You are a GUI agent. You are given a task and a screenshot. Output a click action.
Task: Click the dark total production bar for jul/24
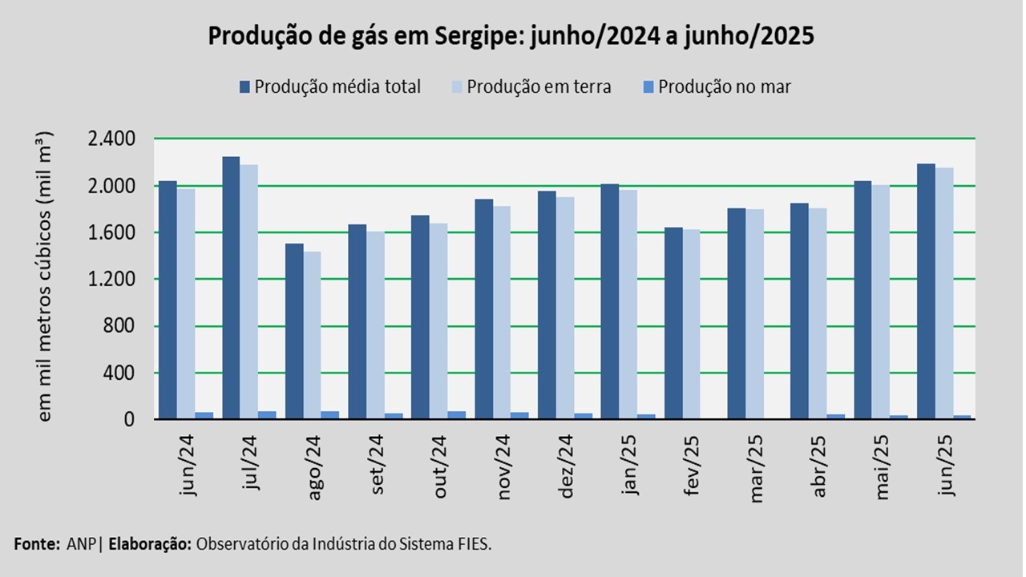231,288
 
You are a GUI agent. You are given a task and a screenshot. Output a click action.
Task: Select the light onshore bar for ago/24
312,337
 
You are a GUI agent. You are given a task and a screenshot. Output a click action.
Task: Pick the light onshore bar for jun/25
944,293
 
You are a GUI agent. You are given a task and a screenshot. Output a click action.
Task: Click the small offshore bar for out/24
457,414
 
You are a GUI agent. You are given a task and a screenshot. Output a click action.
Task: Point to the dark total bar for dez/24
547,305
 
